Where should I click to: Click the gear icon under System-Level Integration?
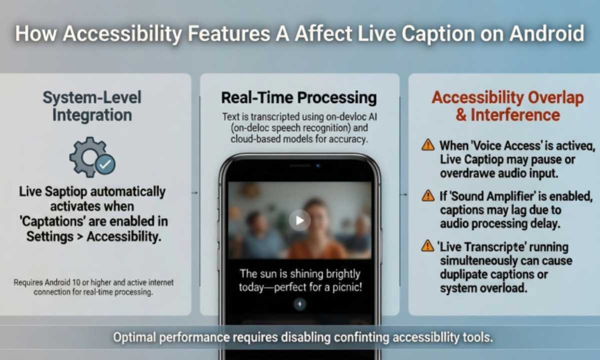click(x=89, y=156)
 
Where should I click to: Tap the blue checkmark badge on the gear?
click(x=105, y=164)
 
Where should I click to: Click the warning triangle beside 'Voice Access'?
click(x=428, y=145)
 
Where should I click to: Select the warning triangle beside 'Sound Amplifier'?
click(x=428, y=195)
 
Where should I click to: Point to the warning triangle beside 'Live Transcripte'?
click(x=428, y=245)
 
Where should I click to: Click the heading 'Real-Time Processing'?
click(x=299, y=97)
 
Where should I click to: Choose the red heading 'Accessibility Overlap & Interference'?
click(x=507, y=106)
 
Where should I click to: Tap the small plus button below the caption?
click(x=299, y=304)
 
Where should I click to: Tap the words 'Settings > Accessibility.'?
click(x=94, y=236)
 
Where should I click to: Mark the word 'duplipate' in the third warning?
click(x=462, y=274)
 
